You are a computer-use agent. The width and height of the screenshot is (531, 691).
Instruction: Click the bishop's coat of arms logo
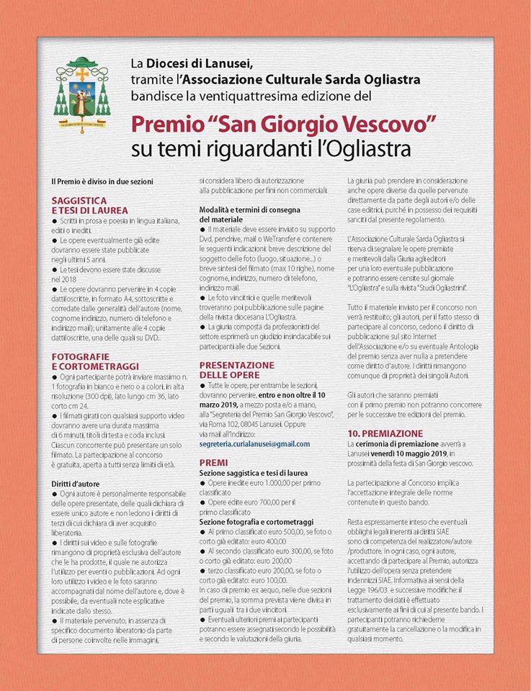(x=83, y=91)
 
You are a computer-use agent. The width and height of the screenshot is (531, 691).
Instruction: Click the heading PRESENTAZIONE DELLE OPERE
(x=236, y=370)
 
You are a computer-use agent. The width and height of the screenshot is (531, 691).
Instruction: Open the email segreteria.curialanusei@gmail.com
(x=254, y=444)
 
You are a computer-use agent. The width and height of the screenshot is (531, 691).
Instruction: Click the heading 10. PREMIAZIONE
(x=385, y=434)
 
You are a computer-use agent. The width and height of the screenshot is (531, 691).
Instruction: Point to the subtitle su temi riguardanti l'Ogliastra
(x=271, y=150)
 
